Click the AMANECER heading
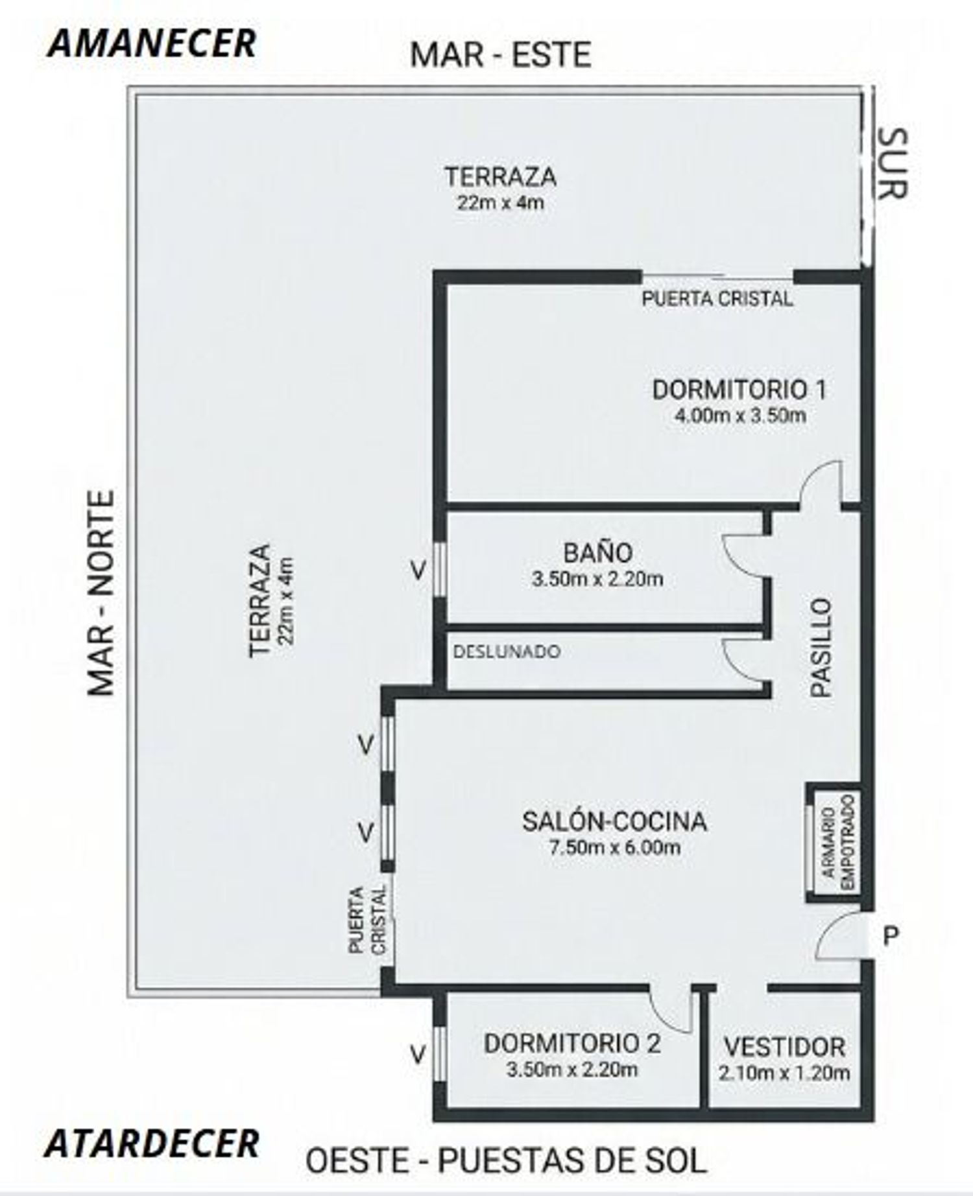(152, 43)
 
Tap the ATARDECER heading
(152, 1143)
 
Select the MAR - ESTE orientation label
(500, 54)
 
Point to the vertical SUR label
(893, 163)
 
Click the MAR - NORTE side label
(101, 592)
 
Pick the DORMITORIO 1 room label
(739, 390)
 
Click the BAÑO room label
(597, 552)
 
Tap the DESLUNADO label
(507, 651)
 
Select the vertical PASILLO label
(821, 648)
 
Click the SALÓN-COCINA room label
(614, 821)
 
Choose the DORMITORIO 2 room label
(572, 1044)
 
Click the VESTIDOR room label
(784, 1047)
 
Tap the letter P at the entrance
(892, 935)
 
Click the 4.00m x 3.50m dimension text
(740, 415)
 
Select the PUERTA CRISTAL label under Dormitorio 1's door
(717, 299)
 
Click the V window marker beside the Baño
(418, 570)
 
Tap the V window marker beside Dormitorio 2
(418, 1055)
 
